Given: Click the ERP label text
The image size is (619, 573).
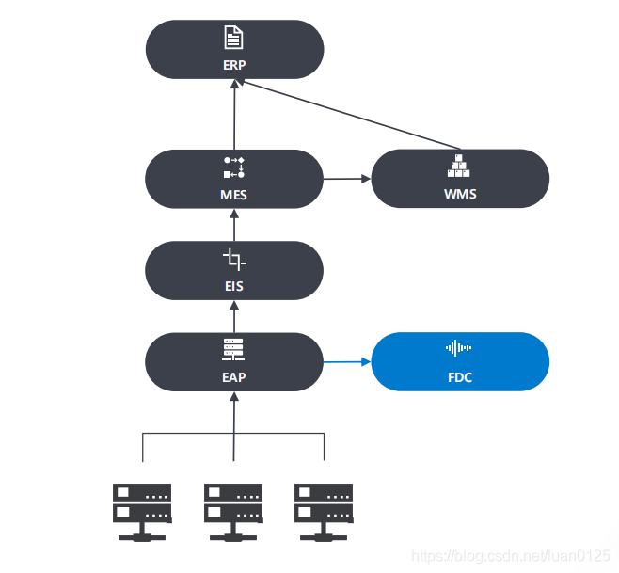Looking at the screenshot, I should click(x=234, y=65).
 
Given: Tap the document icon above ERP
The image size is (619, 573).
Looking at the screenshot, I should click(x=234, y=39).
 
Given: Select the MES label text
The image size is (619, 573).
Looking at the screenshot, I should click(x=234, y=195).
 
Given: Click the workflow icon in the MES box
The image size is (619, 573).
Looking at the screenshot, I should click(x=234, y=167).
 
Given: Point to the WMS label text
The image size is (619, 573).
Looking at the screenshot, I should click(x=460, y=195).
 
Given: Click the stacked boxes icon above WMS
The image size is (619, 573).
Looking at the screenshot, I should click(x=460, y=167).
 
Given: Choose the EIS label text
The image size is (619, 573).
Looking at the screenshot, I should click(x=234, y=286).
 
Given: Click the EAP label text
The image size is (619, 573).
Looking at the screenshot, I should click(x=234, y=376).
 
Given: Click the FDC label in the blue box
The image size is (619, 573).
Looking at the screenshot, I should click(x=460, y=377).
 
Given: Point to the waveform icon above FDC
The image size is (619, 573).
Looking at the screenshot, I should click(x=459, y=349).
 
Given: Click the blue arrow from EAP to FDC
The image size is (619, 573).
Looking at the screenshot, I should click(x=348, y=361).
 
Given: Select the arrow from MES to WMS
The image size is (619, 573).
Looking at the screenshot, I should click(x=347, y=178).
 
